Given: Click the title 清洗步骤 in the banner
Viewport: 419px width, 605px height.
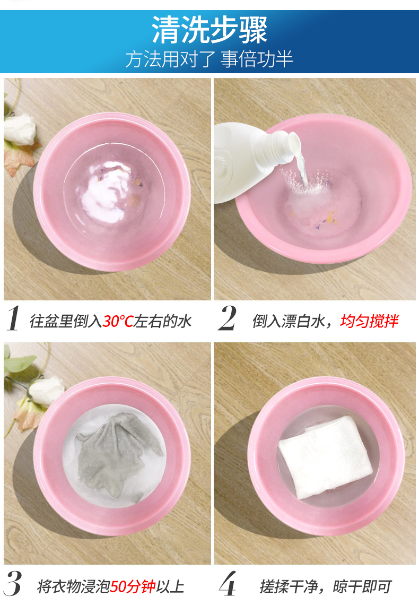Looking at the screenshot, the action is tap(210, 30).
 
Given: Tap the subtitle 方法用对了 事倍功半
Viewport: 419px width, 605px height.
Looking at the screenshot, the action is tap(210, 59).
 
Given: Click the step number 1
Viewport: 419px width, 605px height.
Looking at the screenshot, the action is tap(13, 318).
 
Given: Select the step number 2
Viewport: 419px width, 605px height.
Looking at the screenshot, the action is tap(228, 318).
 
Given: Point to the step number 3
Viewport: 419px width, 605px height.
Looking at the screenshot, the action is tap(13, 583).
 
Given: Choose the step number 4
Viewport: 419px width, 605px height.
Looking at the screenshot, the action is tap(228, 583).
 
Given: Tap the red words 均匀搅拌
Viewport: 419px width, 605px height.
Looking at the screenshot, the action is tap(369, 321).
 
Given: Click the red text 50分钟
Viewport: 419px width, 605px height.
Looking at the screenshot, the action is tap(133, 586).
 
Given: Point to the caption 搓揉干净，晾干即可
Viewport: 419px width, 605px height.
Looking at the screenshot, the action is tap(326, 586).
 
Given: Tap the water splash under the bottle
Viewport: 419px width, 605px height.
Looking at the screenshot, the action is tap(307, 180).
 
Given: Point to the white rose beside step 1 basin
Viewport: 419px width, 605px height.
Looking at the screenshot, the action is tap(19, 129).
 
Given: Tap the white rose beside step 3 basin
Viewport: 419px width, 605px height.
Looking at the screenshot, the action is tap(46, 391).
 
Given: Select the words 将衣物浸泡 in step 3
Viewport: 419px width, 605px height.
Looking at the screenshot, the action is tap(74, 586).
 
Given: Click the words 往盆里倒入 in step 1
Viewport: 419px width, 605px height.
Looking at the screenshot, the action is tap(66, 321).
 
